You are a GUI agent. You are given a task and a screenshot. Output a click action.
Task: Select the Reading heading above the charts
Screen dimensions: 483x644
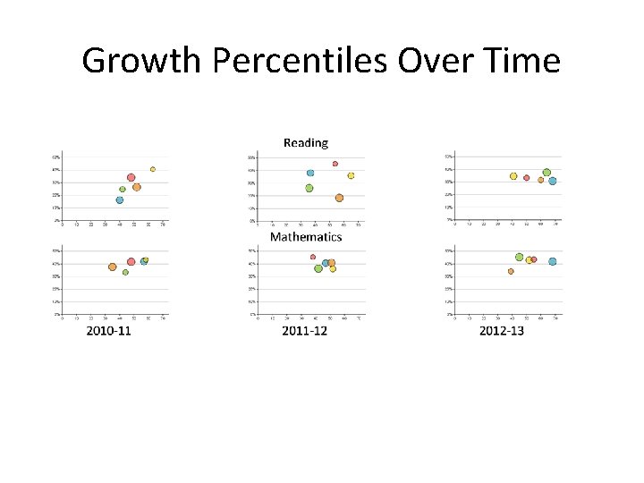coord(306,142)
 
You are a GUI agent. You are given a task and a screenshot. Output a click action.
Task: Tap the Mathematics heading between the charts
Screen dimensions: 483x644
coord(306,237)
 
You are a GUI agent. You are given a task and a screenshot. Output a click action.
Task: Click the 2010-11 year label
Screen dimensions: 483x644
coord(109,331)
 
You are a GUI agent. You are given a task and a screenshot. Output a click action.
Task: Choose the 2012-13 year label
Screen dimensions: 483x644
coord(502,331)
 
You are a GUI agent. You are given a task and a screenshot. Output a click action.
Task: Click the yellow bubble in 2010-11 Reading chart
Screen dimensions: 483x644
coord(153,169)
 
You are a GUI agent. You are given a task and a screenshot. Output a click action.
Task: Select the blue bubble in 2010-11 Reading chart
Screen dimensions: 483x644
coord(120,200)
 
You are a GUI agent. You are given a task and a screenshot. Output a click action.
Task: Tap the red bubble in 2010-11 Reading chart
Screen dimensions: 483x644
coord(131,178)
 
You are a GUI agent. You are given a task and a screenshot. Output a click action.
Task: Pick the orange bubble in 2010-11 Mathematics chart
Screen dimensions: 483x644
coord(113,267)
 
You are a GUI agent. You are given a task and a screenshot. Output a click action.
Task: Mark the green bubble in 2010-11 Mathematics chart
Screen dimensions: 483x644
coord(125,273)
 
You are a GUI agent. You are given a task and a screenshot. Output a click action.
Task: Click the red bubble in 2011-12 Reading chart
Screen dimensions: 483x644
coord(335,164)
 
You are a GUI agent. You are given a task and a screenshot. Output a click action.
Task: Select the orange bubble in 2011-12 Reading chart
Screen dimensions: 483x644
coord(339,198)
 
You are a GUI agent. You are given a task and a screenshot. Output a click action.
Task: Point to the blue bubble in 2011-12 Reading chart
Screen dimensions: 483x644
coord(310,173)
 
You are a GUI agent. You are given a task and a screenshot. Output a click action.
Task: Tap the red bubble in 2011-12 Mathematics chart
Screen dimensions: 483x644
coord(313,257)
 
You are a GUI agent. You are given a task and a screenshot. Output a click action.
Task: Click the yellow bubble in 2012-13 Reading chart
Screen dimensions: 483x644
coord(513,176)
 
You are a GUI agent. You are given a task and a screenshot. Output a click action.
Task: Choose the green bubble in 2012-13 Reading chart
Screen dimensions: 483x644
coord(547,173)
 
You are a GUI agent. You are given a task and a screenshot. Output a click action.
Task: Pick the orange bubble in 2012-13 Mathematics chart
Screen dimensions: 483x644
coord(511,271)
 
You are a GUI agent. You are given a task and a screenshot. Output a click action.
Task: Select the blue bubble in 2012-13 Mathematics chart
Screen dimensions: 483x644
coord(553,262)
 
